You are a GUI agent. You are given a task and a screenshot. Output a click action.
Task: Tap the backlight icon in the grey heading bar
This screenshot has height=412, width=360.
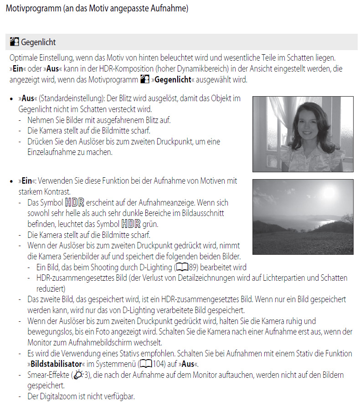point(14,42)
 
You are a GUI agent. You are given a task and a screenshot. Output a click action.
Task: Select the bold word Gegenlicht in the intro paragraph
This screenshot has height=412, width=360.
point(173,80)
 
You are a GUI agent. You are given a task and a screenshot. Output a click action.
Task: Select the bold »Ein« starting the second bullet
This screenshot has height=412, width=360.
point(26,181)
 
